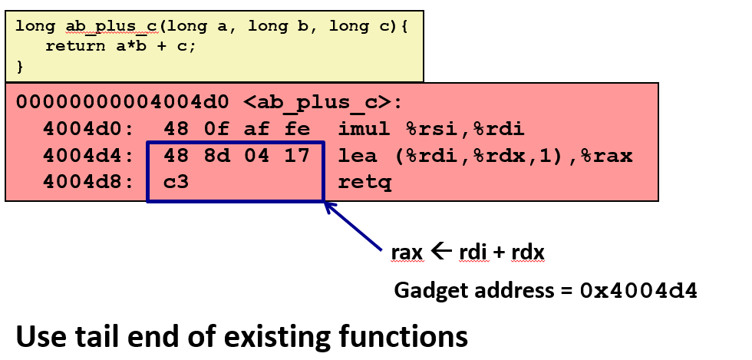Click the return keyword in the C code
click(75, 46)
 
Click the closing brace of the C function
click(20, 67)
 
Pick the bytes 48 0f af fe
click(236, 129)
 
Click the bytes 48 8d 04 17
click(236, 157)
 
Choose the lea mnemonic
click(356, 157)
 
